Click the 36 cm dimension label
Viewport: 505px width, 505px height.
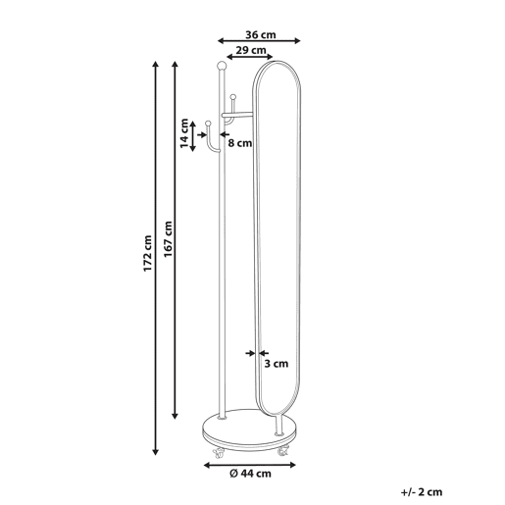(x=261, y=34)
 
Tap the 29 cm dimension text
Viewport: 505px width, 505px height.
(x=251, y=50)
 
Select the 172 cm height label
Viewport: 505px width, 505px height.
(x=148, y=253)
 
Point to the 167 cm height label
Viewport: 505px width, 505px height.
(x=168, y=239)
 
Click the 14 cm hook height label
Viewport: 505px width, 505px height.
(x=184, y=133)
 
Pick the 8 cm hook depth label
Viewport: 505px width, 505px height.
(x=240, y=143)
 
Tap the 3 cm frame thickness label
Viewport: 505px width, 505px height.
(x=277, y=364)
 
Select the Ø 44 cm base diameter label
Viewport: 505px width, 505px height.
(x=250, y=474)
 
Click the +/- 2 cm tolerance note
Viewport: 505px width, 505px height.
(x=422, y=492)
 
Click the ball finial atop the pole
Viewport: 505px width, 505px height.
(x=222, y=66)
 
